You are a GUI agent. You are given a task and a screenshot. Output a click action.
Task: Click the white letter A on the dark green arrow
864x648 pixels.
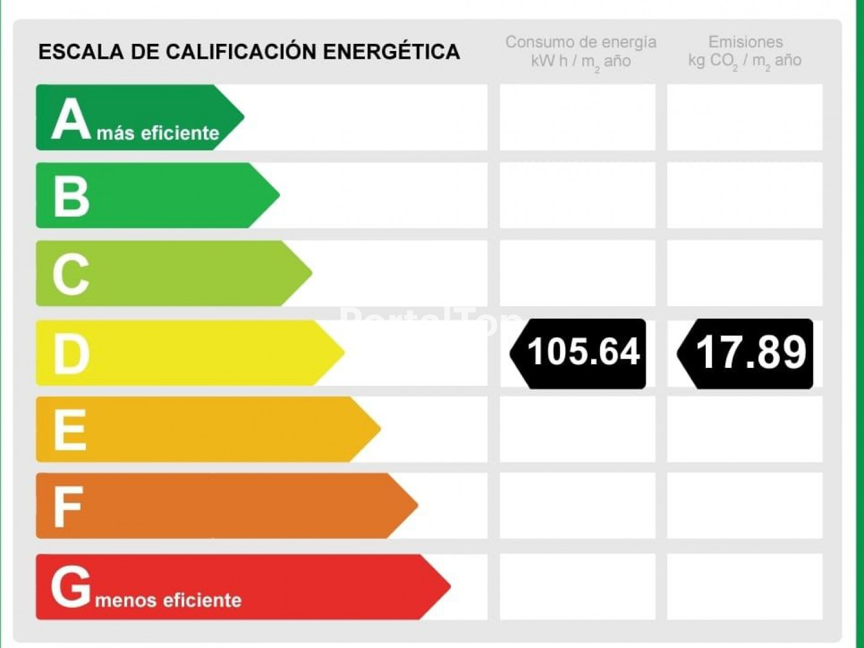[71, 119]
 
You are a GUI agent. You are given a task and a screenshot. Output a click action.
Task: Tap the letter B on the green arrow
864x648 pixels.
[71, 196]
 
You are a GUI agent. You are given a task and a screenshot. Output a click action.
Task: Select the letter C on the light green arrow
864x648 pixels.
[71, 274]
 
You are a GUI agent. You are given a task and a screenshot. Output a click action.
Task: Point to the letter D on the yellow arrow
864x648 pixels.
[71, 353]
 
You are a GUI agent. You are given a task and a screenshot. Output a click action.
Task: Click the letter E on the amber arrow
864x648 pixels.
[70, 430]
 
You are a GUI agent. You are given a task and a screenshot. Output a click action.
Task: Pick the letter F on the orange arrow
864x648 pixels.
[68, 506]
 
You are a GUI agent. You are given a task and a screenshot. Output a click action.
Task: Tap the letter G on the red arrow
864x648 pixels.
[71, 587]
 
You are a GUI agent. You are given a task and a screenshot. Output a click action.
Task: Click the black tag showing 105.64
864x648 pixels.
[579, 353]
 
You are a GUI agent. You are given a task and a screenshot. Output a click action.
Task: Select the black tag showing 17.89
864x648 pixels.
[746, 353]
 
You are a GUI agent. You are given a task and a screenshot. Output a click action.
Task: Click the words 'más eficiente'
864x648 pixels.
[158, 133]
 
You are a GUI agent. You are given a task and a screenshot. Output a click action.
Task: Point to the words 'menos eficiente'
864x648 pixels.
[168, 600]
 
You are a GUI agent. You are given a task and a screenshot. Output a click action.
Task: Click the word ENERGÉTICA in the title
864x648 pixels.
[391, 52]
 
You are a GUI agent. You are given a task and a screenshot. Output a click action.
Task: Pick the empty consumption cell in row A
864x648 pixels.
[577, 117]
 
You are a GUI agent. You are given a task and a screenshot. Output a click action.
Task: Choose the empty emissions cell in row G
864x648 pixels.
[745, 587]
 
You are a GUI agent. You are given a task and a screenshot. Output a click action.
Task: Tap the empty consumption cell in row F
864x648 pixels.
[577, 506]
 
